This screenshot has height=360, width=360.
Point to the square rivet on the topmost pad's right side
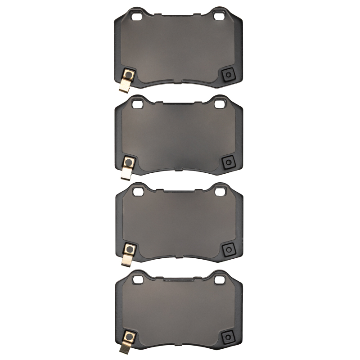click(x=228, y=75)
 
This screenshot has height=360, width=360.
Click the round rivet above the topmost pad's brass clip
click(x=129, y=75)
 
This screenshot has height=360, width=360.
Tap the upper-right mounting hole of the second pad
click(x=220, y=104)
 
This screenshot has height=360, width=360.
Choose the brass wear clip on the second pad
click(x=126, y=172)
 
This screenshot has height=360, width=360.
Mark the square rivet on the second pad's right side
click(x=228, y=162)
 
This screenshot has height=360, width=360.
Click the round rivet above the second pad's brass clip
click(x=129, y=162)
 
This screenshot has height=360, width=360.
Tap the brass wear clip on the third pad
click(x=126, y=259)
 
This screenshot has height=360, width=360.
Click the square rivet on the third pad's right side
click(x=228, y=248)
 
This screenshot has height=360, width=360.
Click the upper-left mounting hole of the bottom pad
click(x=138, y=279)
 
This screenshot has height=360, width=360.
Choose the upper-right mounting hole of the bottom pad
click(x=220, y=279)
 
